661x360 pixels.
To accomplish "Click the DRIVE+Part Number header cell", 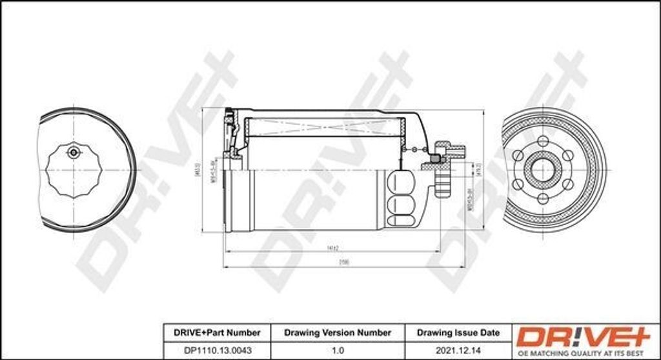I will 217,333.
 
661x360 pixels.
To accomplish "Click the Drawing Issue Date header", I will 458,333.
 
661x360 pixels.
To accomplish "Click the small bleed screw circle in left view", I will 73,152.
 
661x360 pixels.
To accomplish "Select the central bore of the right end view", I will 542,170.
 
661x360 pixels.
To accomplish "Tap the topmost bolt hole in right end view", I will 543,141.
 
